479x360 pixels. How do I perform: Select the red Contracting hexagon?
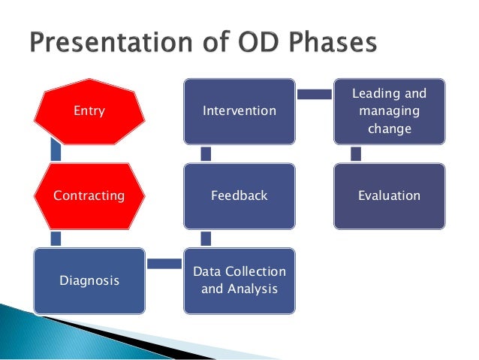click(89, 195)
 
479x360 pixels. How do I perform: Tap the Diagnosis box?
click(89, 280)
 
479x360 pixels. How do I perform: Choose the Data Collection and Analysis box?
click(239, 280)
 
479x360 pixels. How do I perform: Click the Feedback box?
click(239, 195)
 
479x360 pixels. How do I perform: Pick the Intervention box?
click(239, 111)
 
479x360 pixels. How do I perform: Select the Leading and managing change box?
click(390, 111)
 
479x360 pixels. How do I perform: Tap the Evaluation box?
click(390, 195)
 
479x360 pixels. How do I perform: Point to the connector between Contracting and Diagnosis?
click(56, 238)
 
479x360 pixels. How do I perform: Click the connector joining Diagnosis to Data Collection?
click(164, 264)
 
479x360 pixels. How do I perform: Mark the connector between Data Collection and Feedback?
click(206, 238)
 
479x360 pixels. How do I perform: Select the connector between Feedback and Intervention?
click(206, 153)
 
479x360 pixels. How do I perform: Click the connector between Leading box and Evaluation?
click(356, 153)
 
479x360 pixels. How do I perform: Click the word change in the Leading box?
click(390, 129)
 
